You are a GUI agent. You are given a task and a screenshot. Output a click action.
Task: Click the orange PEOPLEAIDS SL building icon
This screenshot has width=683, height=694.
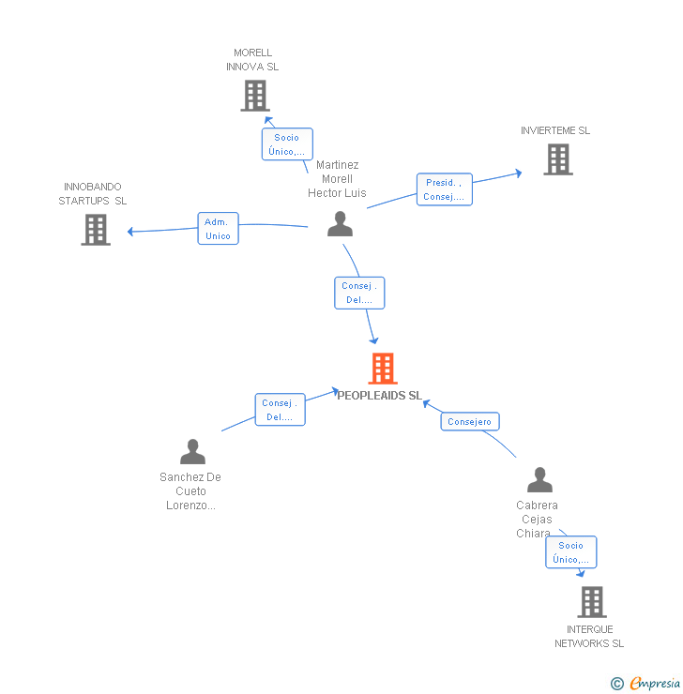[x=382, y=369]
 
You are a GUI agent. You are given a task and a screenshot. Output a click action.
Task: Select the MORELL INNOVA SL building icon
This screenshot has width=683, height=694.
[x=254, y=95]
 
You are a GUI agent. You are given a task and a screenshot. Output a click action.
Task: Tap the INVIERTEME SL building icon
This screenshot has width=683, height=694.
[x=557, y=159]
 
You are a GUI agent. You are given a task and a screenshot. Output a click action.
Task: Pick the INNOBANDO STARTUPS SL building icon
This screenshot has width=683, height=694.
[x=95, y=229]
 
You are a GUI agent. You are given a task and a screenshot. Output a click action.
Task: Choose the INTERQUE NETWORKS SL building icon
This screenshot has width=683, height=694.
[x=591, y=601]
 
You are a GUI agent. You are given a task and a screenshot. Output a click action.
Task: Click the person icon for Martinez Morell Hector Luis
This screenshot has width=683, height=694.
[x=340, y=224]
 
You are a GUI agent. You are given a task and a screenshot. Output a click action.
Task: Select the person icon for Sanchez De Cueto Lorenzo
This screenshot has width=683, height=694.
[x=192, y=452]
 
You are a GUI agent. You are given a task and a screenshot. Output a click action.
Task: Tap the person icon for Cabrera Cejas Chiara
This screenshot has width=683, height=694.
[x=539, y=480]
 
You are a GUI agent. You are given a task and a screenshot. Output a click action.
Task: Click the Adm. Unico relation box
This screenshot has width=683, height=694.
[x=218, y=229]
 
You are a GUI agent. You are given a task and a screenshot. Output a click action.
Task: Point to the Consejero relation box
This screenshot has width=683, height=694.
[x=470, y=422]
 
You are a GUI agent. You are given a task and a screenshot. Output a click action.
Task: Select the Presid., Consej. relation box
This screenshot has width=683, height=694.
[x=444, y=189]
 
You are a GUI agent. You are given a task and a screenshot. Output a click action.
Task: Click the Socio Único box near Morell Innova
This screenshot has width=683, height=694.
[x=286, y=144]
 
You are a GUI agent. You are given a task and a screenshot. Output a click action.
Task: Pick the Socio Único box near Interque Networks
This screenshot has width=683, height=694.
[x=570, y=552]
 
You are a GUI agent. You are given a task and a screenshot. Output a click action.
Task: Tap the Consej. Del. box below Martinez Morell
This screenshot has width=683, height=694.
[x=359, y=293]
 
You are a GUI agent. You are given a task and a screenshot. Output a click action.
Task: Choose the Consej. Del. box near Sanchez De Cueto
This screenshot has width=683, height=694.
[x=280, y=410]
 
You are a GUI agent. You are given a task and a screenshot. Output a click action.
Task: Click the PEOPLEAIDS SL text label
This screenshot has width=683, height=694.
[x=380, y=396]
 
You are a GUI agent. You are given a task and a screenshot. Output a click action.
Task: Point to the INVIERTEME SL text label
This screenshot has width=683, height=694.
[x=555, y=130]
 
